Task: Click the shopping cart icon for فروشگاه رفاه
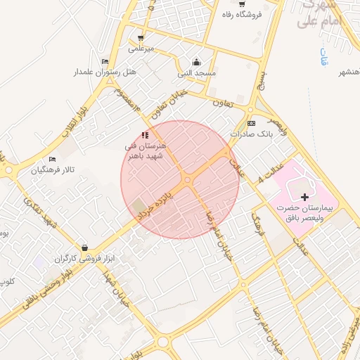pyautogui.click(x=242, y=4)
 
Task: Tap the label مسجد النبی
pyautogui.click(x=196, y=73)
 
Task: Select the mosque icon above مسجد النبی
pyautogui.click(x=196, y=62)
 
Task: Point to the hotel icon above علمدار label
pyautogui.click(x=105, y=61)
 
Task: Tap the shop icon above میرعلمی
pyautogui.click(x=141, y=38)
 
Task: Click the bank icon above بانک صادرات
pyautogui.click(x=251, y=123)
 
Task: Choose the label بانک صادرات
pyautogui.click(x=250, y=134)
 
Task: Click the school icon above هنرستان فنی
pyautogui.click(x=145, y=134)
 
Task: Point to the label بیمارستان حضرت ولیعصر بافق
pyautogui.click(x=311, y=214)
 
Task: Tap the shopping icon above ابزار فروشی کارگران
pyautogui.click(x=85, y=247)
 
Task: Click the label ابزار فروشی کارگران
pyautogui.click(x=85, y=259)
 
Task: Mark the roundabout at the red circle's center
pyautogui.click(x=188, y=180)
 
